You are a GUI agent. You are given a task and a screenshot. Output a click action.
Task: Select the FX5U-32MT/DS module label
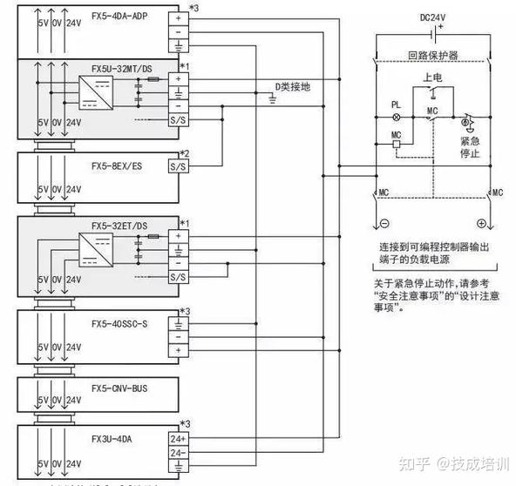pyautogui.click(x=120, y=67)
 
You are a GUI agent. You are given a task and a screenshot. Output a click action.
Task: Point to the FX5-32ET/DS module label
pyautogui.click(x=119, y=226)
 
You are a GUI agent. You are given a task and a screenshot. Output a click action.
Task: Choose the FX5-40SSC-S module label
pyautogui.click(x=119, y=323)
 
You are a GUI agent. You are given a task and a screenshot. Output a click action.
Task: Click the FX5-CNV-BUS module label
pyautogui.click(x=118, y=388)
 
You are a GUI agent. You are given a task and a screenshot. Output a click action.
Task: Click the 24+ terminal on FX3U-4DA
pyautogui.click(x=177, y=438)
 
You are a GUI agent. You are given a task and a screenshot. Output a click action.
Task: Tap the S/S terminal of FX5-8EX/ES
pyautogui.click(x=177, y=165)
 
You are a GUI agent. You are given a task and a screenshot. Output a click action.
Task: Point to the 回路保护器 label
pyautogui.click(x=431, y=54)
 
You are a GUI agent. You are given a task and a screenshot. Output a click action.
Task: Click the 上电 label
pyautogui.click(x=431, y=78)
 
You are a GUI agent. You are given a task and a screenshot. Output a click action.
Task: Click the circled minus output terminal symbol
pyautogui.click(x=387, y=223)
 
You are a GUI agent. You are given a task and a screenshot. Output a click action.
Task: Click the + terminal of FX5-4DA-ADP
pyautogui.click(x=177, y=16)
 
